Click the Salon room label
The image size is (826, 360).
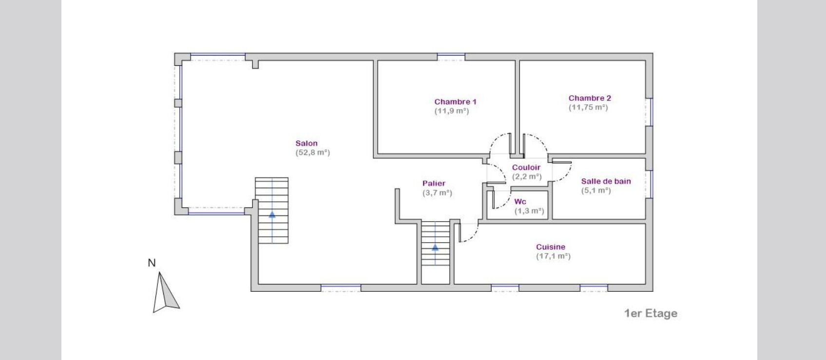(x=307, y=143)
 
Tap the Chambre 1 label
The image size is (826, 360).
(x=455, y=102)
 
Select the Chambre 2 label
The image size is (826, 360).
(x=590, y=98)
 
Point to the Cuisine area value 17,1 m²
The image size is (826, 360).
(x=553, y=256)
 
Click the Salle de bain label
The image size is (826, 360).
(x=606, y=181)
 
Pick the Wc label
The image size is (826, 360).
(x=520, y=202)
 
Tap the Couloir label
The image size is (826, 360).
(x=526, y=167)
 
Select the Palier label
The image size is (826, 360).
(x=434, y=183)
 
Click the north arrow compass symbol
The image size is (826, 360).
(x=166, y=293)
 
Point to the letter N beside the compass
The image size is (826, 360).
(x=152, y=263)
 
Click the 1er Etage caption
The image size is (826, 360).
(x=651, y=313)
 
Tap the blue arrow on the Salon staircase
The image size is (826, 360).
(x=272, y=214)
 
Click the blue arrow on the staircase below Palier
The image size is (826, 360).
(x=435, y=247)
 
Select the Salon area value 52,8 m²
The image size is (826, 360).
(x=313, y=152)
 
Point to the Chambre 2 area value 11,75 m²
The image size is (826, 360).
(x=588, y=107)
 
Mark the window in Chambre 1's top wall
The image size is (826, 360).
(x=451, y=57)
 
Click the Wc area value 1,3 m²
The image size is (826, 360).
(x=529, y=211)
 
